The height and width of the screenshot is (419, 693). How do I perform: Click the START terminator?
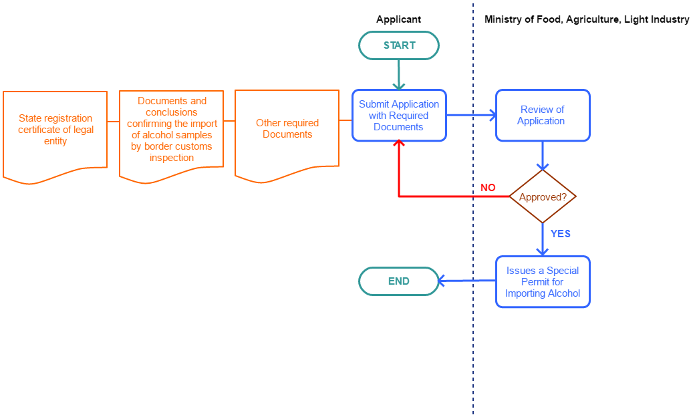point(399,45)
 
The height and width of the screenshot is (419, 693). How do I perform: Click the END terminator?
point(399,281)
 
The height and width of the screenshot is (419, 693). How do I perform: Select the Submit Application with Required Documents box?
point(399,116)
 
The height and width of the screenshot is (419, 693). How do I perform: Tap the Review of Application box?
point(543,116)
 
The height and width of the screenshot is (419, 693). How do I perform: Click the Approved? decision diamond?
point(543,197)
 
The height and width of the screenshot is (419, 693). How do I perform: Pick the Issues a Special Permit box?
point(543,281)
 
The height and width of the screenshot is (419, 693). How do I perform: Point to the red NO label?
point(488,188)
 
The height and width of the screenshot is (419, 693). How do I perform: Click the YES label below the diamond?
point(560,234)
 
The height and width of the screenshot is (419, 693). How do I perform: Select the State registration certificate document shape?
point(55,131)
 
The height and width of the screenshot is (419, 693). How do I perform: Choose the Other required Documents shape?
point(287,129)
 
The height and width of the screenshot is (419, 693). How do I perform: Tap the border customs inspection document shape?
point(172,130)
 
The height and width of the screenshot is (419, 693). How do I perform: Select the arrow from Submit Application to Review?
point(471,115)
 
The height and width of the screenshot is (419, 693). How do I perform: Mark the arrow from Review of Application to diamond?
point(543,156)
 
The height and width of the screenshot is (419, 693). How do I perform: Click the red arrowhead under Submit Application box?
point(399,144)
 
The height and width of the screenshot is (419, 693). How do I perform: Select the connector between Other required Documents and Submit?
point(345,121)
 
